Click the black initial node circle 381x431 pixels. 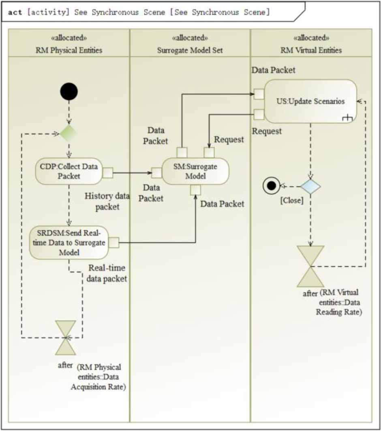pyautogui.click(x=68, y=91)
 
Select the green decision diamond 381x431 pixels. pyautogui.click(x=68, y=133)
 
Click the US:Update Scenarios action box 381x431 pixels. pyautogui.click(x=310, y=101)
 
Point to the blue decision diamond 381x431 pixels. pyautogui.click(x=310, y=186)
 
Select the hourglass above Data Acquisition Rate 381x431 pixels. pyautogui.click(x=66, y=337)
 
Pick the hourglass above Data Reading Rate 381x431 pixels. pyautogui.click(x=310, y=266)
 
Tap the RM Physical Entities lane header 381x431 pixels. pyautogui.click(x=68, y=43)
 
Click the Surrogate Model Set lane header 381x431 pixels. pyautogui.click(x=190, y=43)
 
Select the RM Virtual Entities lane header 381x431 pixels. pyautogui.click(x=311, y=43)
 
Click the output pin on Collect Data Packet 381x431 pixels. pyautogui.click(x=107, y=173)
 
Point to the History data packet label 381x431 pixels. pyautogui.click(x=107, y=202)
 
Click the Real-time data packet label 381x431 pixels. pyautogui.click(x=107, y=273)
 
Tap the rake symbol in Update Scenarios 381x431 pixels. pyautogui.click(x=347, y=118)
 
